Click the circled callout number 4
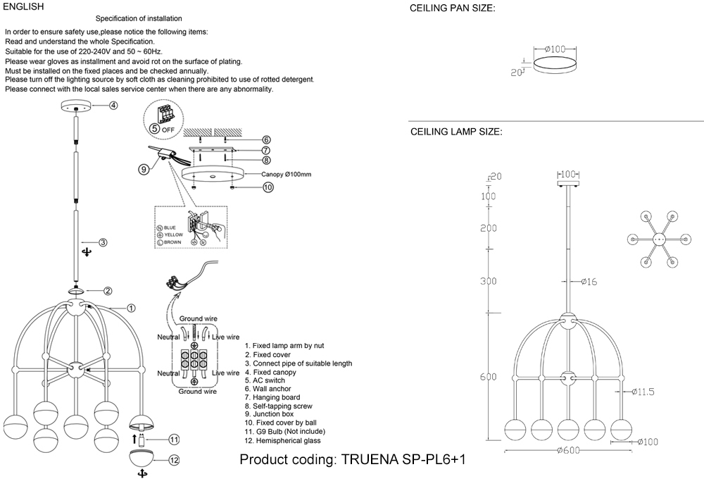pyautogui.click(x=113, y=106)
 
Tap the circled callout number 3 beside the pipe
pyautogui.click(x=103, y=243)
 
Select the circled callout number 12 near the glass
pyautogui.click(x=174, y=461)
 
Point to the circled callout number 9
pyautogui.click(x=144, y=169)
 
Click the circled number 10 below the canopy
pyautogui.click(x=268, y=187)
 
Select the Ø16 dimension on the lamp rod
pyautogui.click(x=589, y=282)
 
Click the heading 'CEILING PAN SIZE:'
pyautogui.click(x=452, y=9)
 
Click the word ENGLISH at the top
pyautogui.click(x=23, y=6)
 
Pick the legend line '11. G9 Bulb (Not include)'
pyautogui.click(x=284, y=432)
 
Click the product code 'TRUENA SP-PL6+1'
pyautogui.click(x=403, y=460)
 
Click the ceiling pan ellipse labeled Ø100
pyautogui.click(x=555, y=66)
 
